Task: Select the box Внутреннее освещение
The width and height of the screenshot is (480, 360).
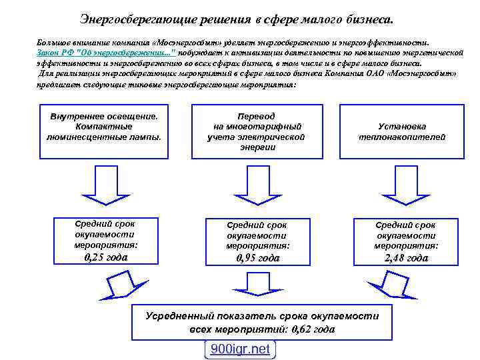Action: click(104, 132)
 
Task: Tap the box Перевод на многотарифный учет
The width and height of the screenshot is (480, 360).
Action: click(257, 132)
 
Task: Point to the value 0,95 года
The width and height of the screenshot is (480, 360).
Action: click(258, 258)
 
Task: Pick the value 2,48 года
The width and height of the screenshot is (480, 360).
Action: click(406, 258)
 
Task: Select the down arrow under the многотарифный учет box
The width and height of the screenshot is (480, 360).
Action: click(257, 185)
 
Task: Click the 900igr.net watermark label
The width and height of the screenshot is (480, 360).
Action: click(240, 349)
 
